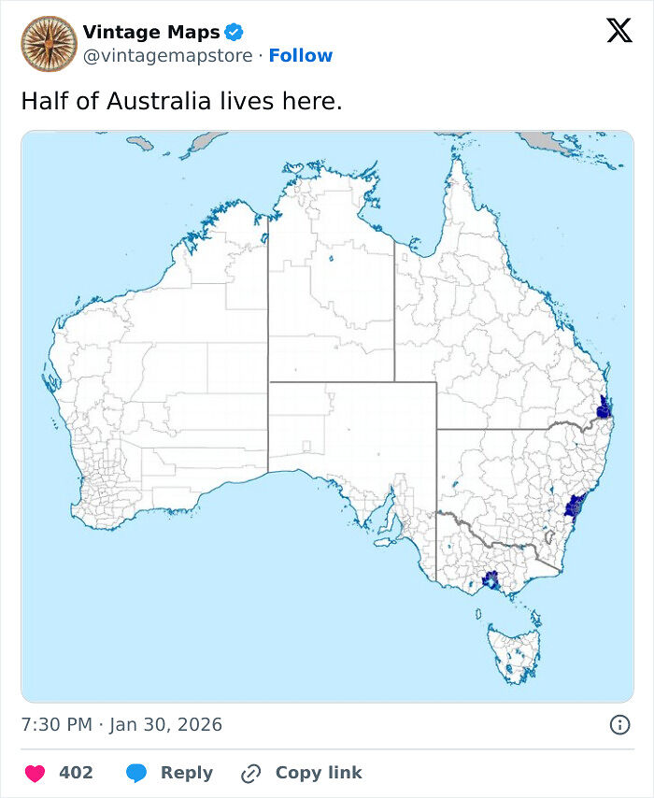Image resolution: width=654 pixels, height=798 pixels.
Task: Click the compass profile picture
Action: coord(49,44)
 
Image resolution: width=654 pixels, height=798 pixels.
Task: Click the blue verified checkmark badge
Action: coord(235,34)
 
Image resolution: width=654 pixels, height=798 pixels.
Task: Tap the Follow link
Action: coord(300,56)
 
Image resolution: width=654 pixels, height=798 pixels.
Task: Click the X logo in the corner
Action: coord(618,32)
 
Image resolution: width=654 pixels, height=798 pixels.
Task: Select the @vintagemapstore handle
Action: coord(167,56)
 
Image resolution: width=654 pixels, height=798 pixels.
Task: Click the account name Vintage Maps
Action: coord(151,34)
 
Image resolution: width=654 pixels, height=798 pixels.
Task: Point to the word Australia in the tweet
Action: coord(158,101)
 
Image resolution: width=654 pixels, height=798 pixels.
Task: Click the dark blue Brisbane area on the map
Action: coord(604,408)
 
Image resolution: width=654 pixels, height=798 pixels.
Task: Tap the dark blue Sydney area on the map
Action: coord(574,506)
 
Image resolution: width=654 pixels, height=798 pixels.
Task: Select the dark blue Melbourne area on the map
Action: coord(490,580)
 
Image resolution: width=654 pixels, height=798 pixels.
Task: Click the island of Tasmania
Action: coord(515,646)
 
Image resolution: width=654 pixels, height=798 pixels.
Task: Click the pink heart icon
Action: coord(35,773)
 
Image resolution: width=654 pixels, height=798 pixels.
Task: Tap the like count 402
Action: coord(76,773)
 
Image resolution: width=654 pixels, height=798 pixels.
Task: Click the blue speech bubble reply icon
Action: coord(136,773)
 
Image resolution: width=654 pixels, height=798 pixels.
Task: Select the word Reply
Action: coord(186,773)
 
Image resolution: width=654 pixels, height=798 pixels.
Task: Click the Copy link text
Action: coord(318,773)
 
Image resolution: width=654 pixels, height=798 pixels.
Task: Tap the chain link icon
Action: coord(250,773)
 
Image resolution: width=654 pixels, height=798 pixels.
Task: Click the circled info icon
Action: coord(618,724)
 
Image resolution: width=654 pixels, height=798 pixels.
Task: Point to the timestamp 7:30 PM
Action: coord(56,724)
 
